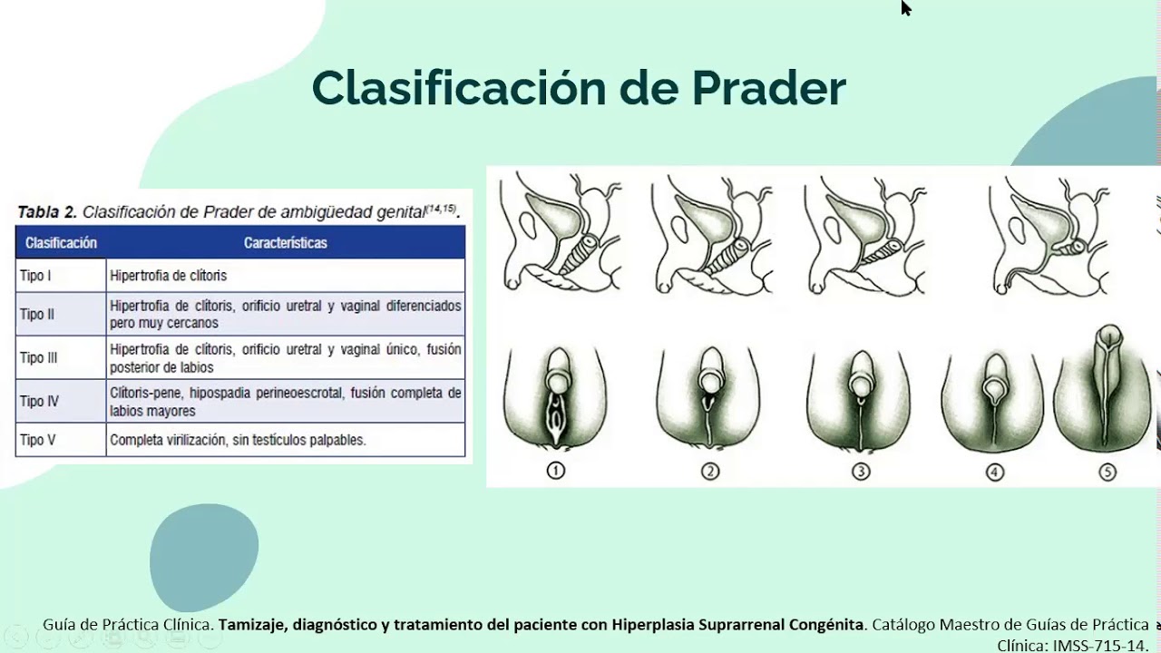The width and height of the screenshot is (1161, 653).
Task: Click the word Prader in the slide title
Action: click(x=769, y=88)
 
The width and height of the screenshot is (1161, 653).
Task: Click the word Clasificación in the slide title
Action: click(x=458, y=88)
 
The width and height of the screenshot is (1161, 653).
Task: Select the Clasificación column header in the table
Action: click(x=61, y=243)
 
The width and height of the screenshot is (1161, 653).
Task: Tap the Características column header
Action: click(x=285, y=243)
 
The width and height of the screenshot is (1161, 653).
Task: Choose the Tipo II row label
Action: click(x=37, y=315)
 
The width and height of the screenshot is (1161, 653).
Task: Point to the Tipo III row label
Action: click(x=39, y=357)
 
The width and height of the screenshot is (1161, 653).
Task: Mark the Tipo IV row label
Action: click(x=39, y=401)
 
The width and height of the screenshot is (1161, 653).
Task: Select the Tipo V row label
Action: click(x=37, y=440)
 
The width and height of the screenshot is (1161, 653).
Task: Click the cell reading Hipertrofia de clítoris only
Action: click(x=168, y=275)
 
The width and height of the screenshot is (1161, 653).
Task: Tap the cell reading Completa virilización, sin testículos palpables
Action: click(x=238, y=440)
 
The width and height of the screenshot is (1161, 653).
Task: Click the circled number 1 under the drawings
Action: click(x=555, y=471)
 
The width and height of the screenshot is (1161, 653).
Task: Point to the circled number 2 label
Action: click(x=709, y=471)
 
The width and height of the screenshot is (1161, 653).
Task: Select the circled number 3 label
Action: click(x=861, y=471)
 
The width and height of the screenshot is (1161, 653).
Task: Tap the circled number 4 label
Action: click(x=995, y=472)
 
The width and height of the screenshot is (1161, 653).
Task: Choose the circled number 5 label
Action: click(x=1107, y=472)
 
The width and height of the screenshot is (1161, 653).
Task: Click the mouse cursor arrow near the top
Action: click(x=905, y=8)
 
